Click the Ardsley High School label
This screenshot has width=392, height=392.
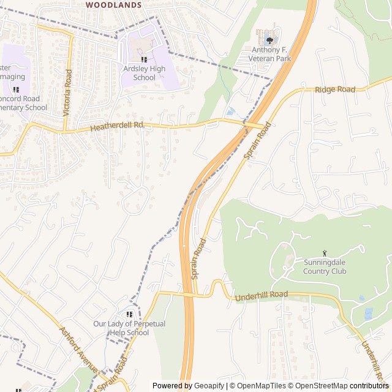[x=145, y=73]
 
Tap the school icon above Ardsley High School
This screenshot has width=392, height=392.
[x=145, y=59]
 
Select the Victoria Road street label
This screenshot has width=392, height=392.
[x=68, y=93]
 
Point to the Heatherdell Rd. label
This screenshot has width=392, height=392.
[x=117, y=126]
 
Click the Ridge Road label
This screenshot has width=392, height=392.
[x=335, y=89]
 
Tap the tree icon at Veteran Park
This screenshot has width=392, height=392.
[x=269, y=40]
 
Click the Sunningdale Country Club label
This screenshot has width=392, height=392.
[x=325, y=267]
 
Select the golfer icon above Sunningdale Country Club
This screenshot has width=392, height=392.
[x=325, y=253]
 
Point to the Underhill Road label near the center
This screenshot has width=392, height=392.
[x=262, y=296]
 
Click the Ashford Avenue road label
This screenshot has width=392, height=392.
[x=78, y=349]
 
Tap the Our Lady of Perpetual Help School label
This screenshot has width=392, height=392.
[x=129, y=328]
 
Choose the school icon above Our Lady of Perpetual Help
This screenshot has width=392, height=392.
[x=129, y=314]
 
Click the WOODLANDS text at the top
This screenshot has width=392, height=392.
[x=114, y=4]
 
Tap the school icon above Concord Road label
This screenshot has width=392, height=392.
[x=16, y=89]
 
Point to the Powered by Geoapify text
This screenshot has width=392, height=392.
[x=189, y=386]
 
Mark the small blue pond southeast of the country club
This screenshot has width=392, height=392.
[x=367, y=314]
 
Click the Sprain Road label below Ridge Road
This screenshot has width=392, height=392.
[x=258, y=141]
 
